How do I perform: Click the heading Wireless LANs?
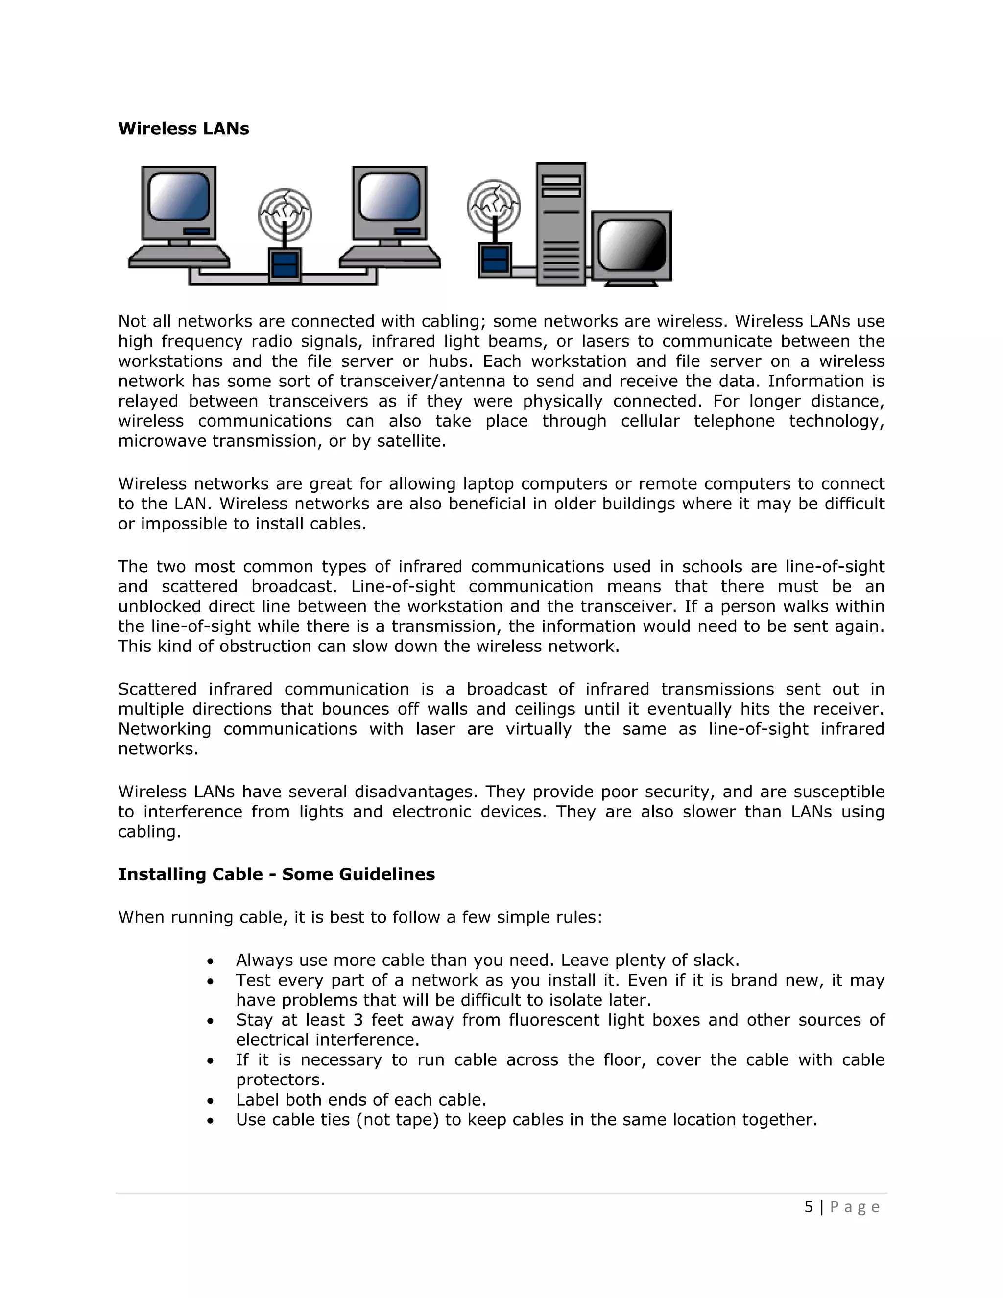coord(184,129)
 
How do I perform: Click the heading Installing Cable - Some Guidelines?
coord(276,874)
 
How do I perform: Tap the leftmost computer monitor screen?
coord(178,197)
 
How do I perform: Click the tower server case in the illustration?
coord(560,225)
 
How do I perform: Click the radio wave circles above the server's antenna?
coord(493,206)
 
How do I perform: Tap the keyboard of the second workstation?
coord(390,257)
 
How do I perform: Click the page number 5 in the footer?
coord(809,1207)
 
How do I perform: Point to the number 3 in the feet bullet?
coord(358,1020)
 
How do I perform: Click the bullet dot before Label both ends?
coord(210,1101)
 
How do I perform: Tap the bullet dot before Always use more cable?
coord(210,961)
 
